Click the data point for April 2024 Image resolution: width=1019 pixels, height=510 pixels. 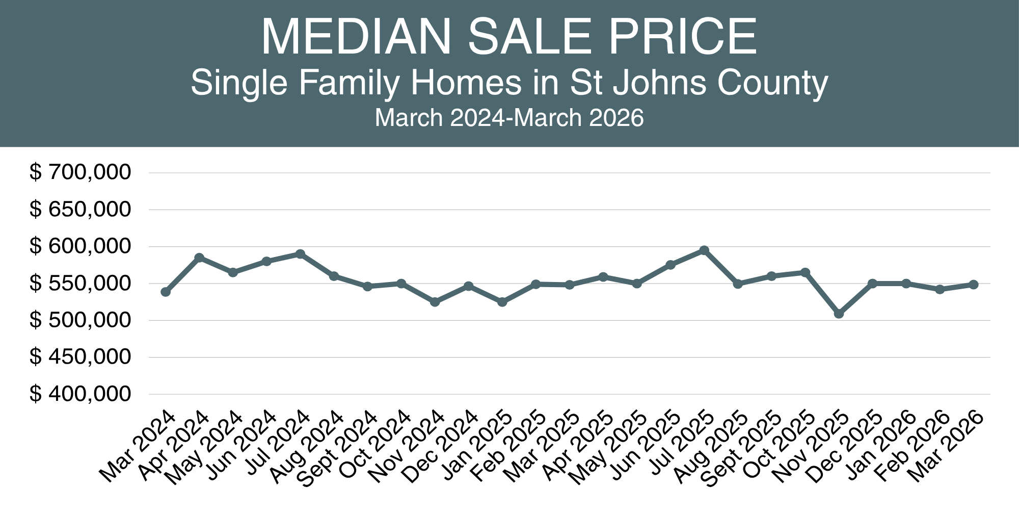(x=199, y=258)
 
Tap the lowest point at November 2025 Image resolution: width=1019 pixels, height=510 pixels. (x=839, y=314)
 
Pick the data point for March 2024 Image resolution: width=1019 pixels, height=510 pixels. (x=166, y=292)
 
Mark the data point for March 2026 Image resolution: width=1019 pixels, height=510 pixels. (x=973, y=285)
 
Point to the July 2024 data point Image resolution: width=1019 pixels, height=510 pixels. (x=300, y=254)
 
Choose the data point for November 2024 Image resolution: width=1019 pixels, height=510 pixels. (x=435, y=302)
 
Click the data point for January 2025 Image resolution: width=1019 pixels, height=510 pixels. (x=502, y=302)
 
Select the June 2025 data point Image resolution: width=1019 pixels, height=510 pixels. (x=671, y=265)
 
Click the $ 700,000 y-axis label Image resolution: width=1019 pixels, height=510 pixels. (x=81, y=172)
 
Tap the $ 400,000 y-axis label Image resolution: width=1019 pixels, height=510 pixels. (x=81, y=394)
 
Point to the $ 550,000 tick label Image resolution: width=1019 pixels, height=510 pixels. (x=81, y=283)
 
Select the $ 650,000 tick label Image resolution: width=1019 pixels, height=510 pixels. (x=81, y=209)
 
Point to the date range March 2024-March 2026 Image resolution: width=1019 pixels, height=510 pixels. (x=509, y=118)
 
